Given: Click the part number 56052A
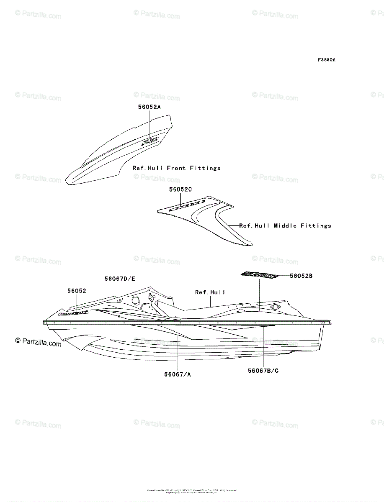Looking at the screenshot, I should coord(149,107).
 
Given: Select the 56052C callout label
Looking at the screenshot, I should coord(180,190).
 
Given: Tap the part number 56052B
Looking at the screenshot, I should coord(302,276).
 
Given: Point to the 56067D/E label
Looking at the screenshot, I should coord(120,279).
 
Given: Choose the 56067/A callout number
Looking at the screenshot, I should coord(178,374).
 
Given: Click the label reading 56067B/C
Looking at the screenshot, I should coord(263,370).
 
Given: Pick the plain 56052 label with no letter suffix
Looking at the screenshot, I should coord(77,291).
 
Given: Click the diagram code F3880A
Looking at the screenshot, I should coord(326,60).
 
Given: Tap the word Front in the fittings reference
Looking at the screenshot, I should coord(176,168).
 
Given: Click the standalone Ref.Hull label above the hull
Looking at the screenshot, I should coord(210,292).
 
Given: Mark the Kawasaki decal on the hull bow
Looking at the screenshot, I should coord(72,312).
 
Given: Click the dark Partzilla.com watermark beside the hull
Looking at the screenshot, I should coord(38,342).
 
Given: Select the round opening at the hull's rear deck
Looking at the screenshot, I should coord(275,307).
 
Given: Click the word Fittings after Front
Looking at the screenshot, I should coord(205,168).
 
